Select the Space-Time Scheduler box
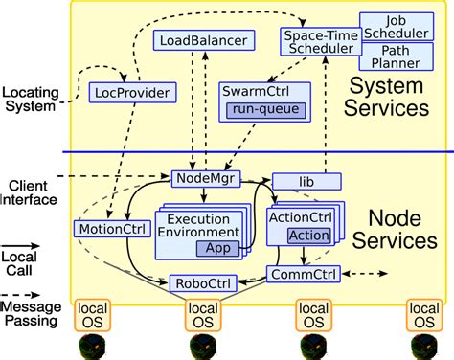[x=319, y=41]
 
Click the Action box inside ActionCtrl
[x=308, y=236]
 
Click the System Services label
[x=389, y=97]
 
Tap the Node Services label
[x=389, y=231]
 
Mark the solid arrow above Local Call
[x=33, y=244]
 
